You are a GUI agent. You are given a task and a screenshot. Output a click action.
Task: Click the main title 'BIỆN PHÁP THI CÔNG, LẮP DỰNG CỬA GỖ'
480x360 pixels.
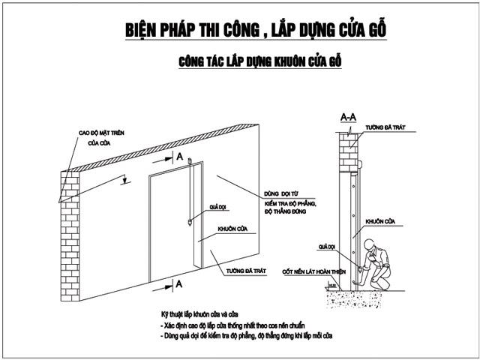256,29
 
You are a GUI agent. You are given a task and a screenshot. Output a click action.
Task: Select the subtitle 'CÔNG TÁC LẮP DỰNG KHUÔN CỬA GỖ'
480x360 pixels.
260,61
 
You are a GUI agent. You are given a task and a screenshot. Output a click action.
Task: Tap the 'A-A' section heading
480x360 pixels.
348,118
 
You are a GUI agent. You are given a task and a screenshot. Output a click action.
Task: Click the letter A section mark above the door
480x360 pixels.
180,155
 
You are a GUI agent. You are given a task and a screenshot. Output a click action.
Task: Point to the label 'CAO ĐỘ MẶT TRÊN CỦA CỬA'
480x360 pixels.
102,137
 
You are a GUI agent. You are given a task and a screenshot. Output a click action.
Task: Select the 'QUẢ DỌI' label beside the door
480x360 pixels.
217,204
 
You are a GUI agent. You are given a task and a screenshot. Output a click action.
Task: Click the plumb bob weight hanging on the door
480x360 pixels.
190,223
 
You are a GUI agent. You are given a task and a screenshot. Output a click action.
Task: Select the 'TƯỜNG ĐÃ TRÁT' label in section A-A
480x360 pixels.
385,128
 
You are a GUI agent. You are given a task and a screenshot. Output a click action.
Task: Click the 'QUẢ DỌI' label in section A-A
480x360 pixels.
327,245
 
